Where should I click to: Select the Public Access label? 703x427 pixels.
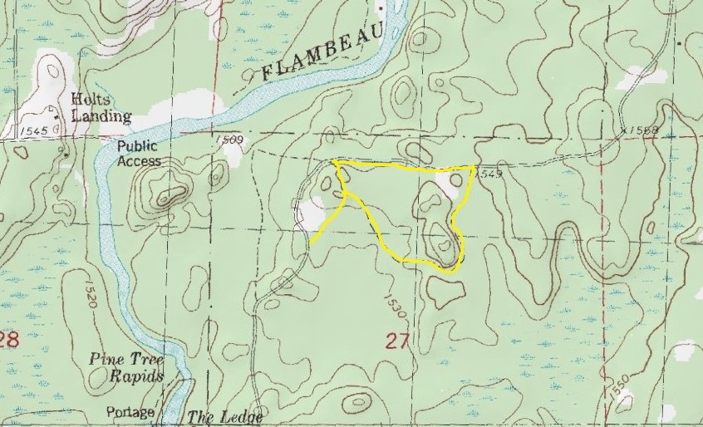tap(138, 153)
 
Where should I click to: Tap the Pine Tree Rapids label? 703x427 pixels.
tap(127, 367)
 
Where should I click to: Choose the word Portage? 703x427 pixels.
tap(130, 413)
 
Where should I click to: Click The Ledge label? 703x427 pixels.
tap(225, 417)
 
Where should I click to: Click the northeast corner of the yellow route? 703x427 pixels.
tap(473, 167)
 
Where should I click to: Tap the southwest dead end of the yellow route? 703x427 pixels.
tap(312, 241)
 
